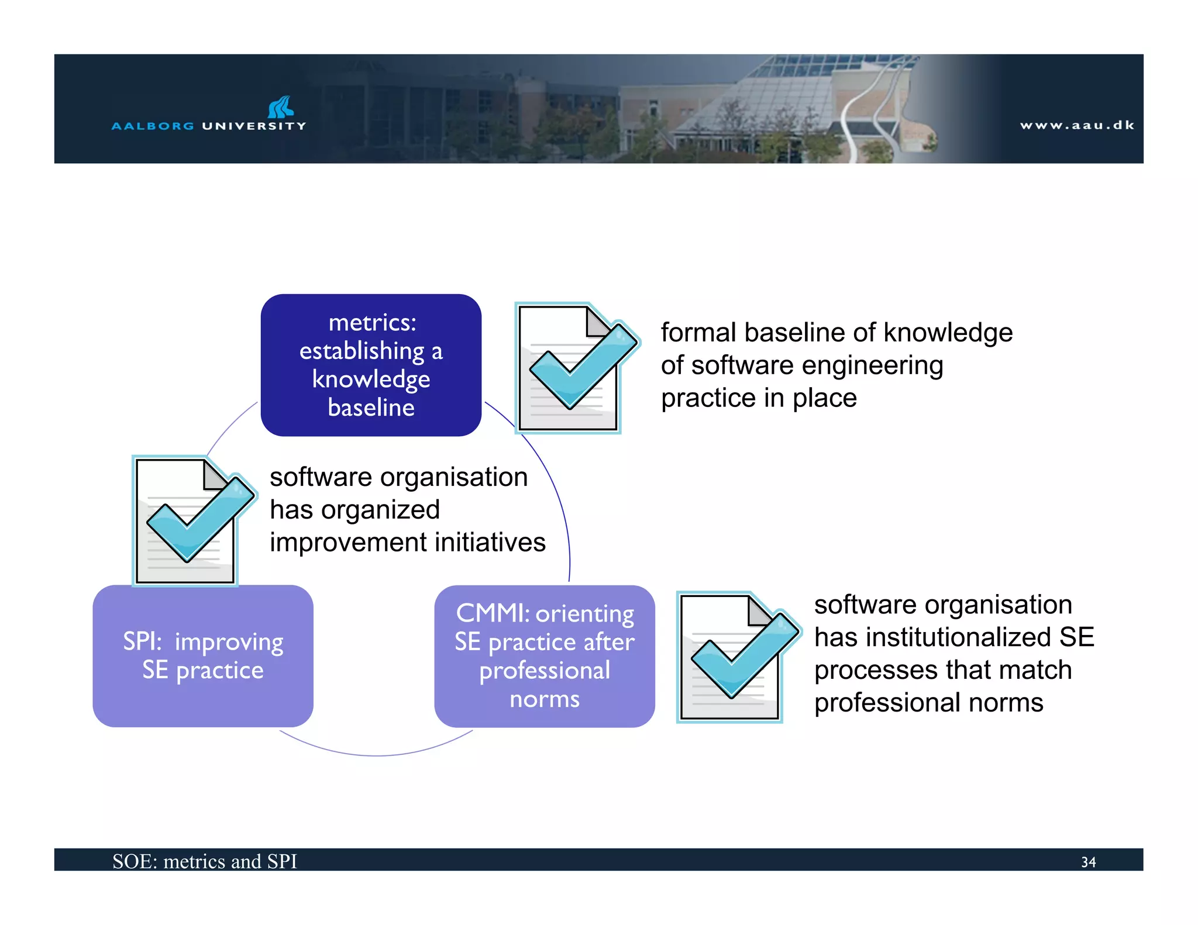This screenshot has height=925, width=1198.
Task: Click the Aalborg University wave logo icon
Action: [281, 107]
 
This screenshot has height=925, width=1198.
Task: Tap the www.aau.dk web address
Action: [1076, 125]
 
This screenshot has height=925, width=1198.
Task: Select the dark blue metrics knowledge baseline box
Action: [371, 365]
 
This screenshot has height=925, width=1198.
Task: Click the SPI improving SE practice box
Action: [203, 656]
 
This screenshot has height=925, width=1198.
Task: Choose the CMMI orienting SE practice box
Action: [544, 656]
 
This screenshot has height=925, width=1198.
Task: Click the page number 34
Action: [1088, 862]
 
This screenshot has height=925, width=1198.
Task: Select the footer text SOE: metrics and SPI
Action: [205, 861]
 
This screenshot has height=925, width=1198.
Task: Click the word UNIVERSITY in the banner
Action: [254, 126]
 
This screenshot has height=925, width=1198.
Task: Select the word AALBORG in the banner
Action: [153, 126]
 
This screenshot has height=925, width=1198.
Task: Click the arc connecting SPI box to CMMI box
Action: [377, 755]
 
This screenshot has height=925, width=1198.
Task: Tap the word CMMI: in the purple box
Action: [493, 614]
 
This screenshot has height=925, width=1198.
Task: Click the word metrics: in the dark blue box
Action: [372, 323]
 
